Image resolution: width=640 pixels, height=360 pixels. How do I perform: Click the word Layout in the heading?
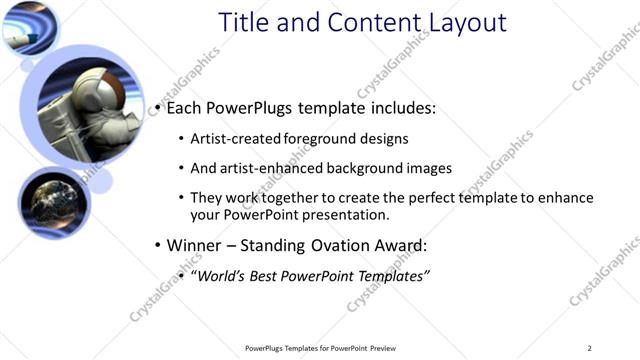pos(459,23)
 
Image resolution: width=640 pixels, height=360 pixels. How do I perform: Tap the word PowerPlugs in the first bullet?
pos(246,108)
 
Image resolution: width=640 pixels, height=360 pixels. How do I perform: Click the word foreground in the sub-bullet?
pos(320,138)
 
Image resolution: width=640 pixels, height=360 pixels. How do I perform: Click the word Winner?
pos(195,245)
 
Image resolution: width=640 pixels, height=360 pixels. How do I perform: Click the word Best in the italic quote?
pos(270,275)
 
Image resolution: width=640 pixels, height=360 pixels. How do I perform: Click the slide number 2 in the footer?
pos(590,348)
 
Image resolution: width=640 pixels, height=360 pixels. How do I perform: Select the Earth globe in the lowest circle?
pos(50,203)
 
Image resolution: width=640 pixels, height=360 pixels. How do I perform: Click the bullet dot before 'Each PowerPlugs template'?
pos(158,108)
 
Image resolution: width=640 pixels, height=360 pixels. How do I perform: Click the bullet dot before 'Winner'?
pos(158,245)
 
